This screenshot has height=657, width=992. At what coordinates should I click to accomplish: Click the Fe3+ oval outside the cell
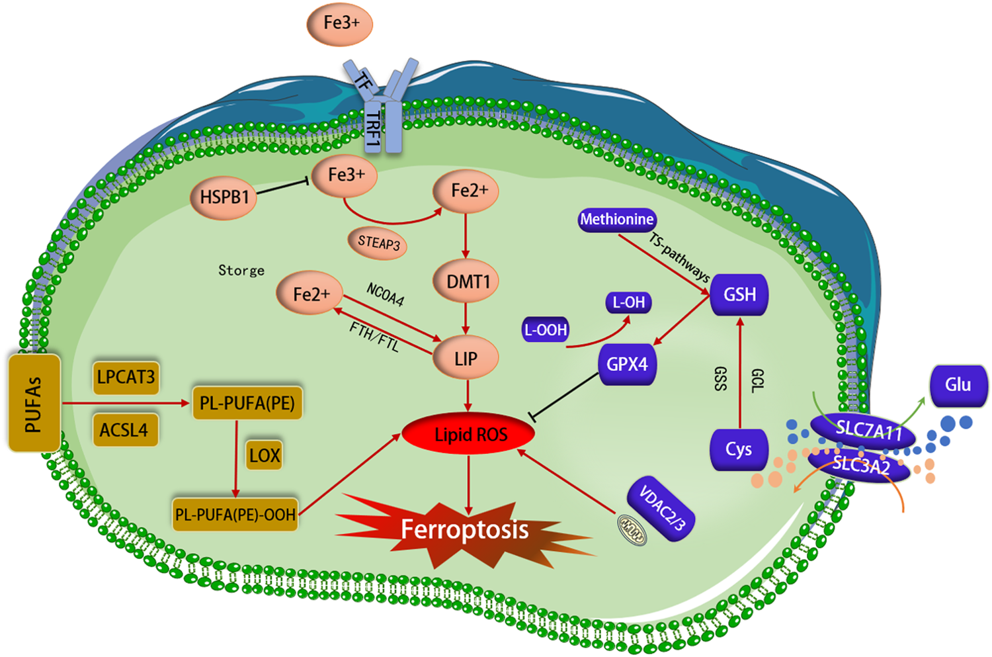coord(340,24)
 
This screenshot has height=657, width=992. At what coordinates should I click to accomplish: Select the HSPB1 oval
coord(224,197)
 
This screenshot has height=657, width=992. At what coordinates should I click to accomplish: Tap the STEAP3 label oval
coord(378,243)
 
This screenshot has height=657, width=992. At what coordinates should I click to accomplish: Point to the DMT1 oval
coord(467,282)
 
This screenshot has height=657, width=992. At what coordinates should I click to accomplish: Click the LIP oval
coord(466,359)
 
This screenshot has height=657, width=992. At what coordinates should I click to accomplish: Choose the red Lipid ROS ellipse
coord(470,435)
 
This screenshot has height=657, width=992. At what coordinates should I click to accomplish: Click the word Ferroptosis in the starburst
coord(464,530)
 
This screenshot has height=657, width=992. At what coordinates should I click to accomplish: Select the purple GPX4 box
coord(627,365)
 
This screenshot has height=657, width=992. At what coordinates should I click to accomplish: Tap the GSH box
coord(739,294)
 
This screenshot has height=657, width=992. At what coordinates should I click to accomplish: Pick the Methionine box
coord(617,220)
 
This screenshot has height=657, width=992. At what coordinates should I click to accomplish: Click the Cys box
coord(739,450)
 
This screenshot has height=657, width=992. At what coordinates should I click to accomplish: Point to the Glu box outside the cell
coord(958,385)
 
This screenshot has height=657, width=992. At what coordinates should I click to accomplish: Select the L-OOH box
coord(546,329)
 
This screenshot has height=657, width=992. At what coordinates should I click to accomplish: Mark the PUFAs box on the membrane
coord(34,403)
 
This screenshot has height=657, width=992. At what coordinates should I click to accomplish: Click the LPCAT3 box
coord(126,377)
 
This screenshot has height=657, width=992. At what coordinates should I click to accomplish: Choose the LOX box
coord(265,455)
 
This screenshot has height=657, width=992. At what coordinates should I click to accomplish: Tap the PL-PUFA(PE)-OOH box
coord(235,514)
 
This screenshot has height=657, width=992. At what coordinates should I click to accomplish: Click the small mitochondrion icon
coord(632,530)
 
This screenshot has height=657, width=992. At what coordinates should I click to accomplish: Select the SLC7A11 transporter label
coord(867,431)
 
